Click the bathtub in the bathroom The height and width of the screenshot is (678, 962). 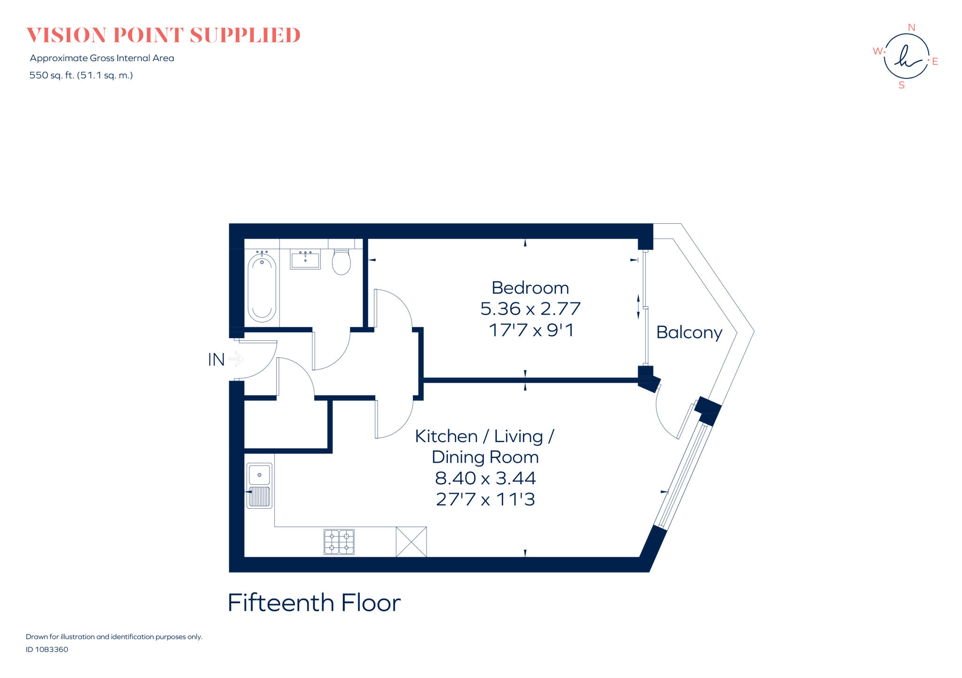click(262, 288)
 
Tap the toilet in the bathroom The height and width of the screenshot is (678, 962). click(341, 263)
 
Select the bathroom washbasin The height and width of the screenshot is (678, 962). click(305, 260)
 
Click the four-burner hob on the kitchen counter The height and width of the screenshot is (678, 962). click(339, 542)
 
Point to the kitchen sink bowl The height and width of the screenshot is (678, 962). click(259, 474)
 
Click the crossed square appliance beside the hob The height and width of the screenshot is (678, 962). click(411, 542)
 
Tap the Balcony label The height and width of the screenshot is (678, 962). click(689, 332)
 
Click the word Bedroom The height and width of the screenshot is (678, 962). click(530, 288)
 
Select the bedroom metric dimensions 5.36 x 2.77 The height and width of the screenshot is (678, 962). click(530, 309)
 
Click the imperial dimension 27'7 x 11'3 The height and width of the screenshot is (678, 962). click(485, 499)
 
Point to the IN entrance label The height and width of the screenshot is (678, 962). click(216, 360)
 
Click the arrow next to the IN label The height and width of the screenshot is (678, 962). click(236, 359)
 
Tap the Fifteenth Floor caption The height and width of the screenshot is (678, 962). click(314, 603)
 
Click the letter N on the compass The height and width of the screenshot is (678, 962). click(911, 28)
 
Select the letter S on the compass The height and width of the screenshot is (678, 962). click(901, 86)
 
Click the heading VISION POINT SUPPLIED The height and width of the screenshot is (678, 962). click(163, 35)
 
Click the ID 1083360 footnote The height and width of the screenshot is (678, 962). click(47, 649)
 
